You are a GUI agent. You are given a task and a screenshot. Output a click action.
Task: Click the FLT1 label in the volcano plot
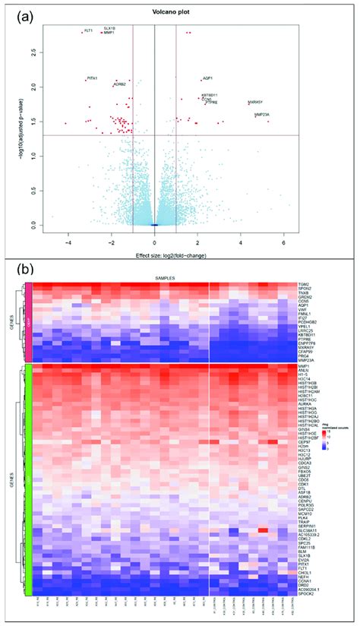pyautogui.click(x=88, y=30)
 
